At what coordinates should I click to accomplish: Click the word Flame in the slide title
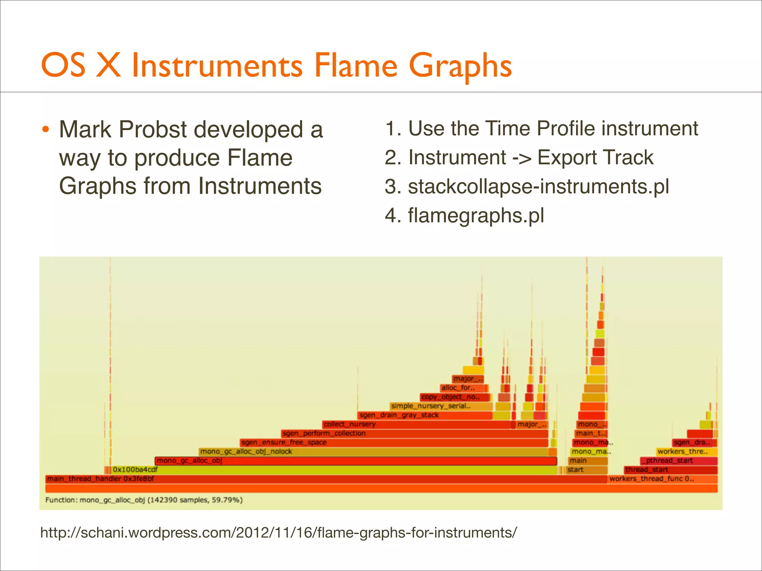click(x=356, y=65)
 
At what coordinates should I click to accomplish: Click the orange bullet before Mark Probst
click(x=45, y=130)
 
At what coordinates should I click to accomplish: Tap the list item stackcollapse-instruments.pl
click(x=538, y=186)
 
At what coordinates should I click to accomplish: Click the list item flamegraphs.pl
click(x=476, y=215)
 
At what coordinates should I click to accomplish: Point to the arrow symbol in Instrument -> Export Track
click(x=522, y=158)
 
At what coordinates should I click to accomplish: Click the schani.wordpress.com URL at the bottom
click(x=278, y=533)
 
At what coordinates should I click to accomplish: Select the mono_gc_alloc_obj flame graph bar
click(x=355, y=461)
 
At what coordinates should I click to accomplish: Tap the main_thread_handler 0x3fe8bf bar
click(x=326, y=479)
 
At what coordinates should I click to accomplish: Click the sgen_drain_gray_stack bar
click(x=424, y=415)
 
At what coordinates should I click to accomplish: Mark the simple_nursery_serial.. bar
click(x=441, y=406)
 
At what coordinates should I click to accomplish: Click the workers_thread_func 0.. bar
click(x=662, y=479)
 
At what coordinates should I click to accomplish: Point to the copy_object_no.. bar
click(x=454, y=397)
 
